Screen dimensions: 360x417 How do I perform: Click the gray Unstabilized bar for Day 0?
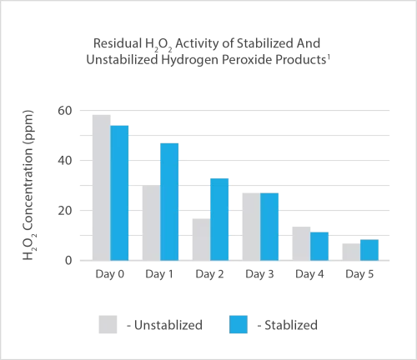101,187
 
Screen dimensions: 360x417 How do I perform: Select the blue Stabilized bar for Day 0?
119,192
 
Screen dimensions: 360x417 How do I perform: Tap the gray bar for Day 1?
151,223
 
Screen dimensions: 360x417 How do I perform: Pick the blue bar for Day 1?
169,202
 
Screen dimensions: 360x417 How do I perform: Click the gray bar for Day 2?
201,239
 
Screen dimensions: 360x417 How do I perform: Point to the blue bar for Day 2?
219,219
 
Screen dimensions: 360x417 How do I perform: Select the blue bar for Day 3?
269,227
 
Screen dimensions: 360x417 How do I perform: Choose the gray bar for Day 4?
301,243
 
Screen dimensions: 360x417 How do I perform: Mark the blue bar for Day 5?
369,250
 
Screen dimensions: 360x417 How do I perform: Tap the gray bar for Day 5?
351,252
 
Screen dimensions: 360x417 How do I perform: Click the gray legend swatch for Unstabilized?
109,322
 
